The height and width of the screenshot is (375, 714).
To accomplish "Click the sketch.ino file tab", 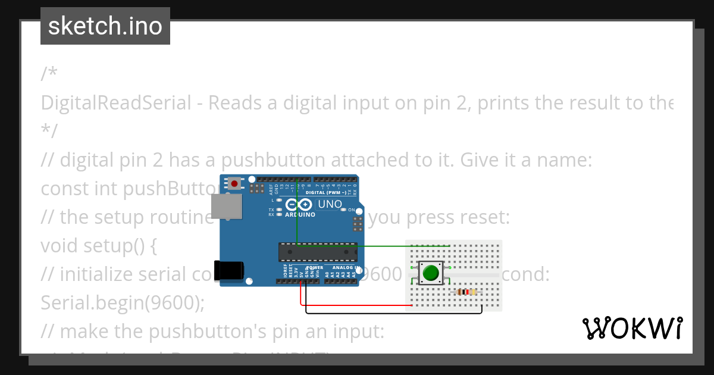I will (105, 26).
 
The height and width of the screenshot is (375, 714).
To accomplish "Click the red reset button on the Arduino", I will (236, 183).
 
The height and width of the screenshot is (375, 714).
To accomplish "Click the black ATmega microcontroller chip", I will (318, 252).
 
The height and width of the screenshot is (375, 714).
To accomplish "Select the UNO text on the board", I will (330, 204).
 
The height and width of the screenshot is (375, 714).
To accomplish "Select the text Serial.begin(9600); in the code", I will (122, 303).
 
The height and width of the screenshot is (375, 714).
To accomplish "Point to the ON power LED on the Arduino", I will (343, 210).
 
